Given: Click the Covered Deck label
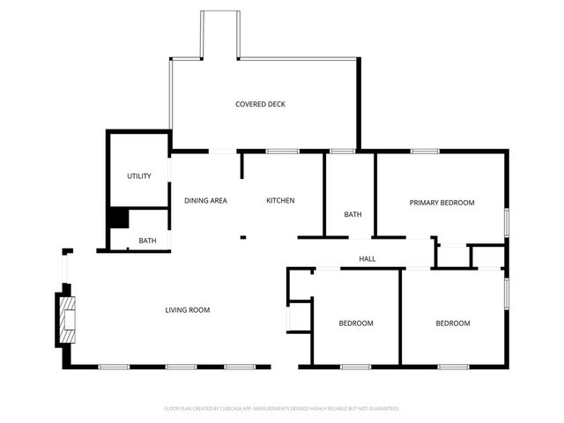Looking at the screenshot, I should (x=260, y=104).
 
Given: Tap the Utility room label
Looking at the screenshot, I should (x=139, y=176).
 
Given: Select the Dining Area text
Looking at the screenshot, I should (x=205, y=201).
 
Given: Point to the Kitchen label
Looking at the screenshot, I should (x=280, y=201).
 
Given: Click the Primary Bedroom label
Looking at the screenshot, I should (x=442, y=203).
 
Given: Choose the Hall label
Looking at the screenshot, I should (x=367, y=259).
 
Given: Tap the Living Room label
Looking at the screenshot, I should (x=188, y=309).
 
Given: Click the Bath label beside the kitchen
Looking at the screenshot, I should (x=352, y=214).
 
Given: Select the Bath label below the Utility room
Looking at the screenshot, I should (x=147, y=241).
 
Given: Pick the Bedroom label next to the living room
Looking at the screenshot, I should (x=356, y=323).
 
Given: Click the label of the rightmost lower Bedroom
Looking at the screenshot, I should (x=453, y=323).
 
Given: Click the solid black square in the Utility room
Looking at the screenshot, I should (x=118, y=219).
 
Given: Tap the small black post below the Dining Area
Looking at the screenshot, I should (x=243, y=236).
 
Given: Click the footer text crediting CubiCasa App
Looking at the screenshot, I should (x=282, y=409).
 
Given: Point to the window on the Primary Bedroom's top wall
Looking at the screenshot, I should (x=425, y=152).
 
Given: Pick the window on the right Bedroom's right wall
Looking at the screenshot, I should (x=506, y=293).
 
